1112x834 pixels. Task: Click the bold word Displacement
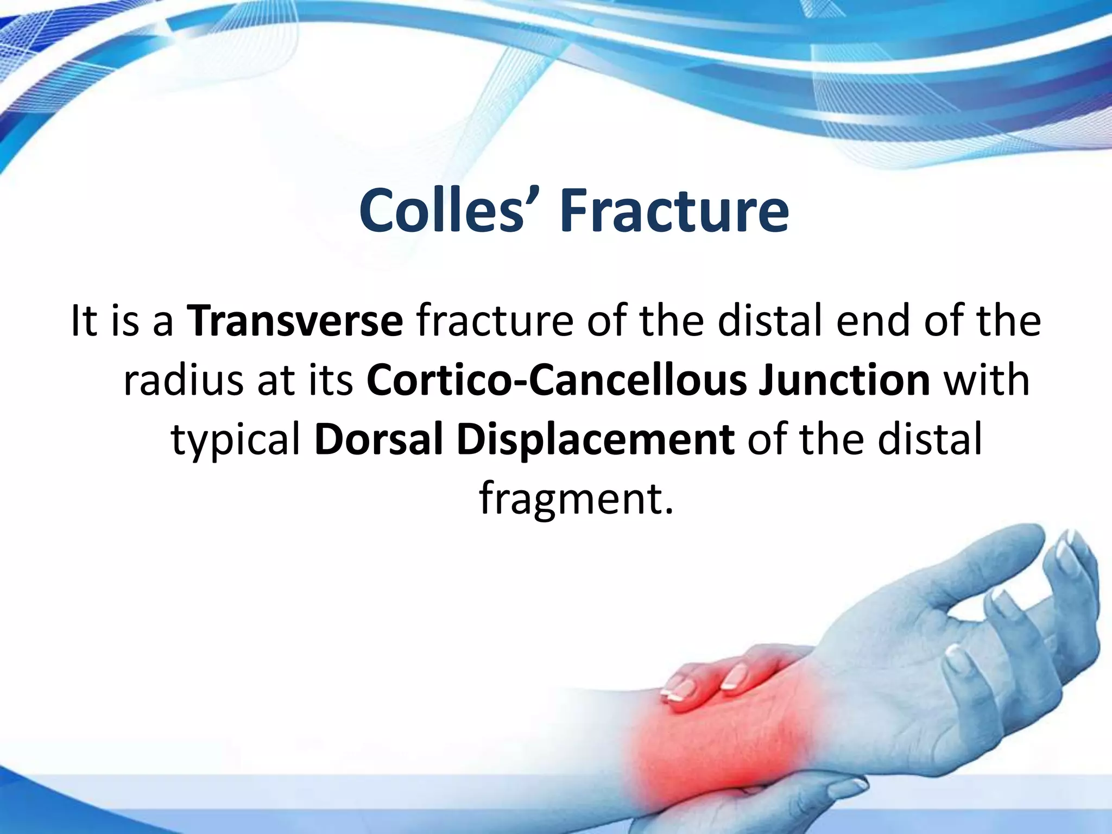click(596, 439)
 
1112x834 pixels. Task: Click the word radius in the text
click(183, 380)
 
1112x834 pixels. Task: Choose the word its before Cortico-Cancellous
click(331, 380)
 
